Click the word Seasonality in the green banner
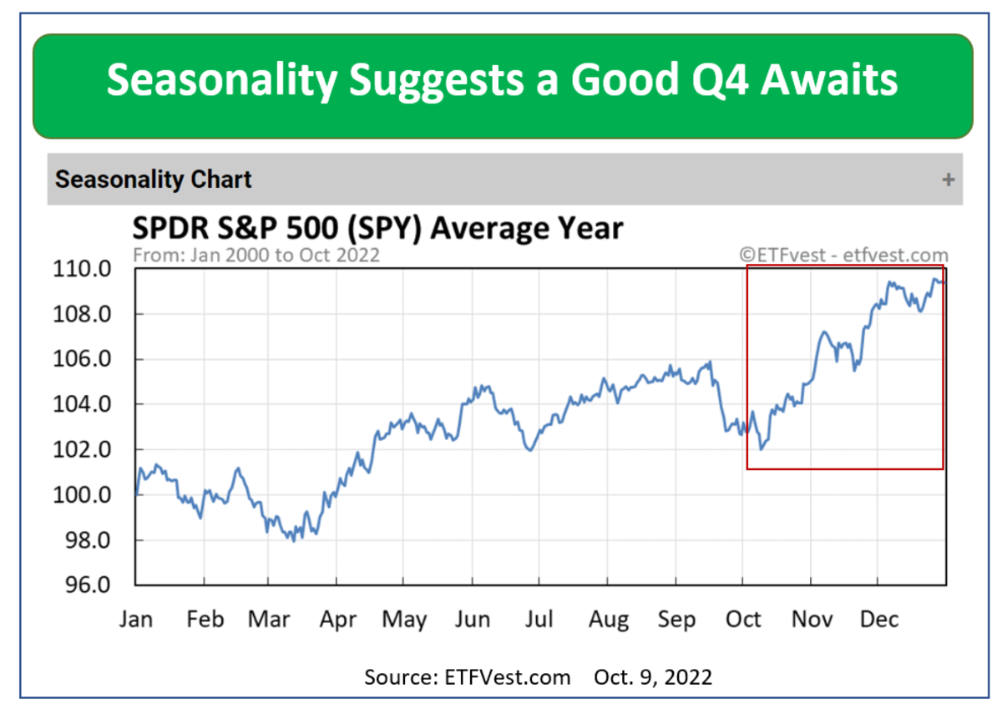(221, 81)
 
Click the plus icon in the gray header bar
(948, 180)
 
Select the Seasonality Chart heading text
(154, 180)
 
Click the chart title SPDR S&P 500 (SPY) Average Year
(378, 228)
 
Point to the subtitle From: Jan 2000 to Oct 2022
(256, 255)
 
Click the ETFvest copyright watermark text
(843, 255)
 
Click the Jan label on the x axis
(137, 620)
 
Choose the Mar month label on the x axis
(269, 620)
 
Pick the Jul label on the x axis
(539, 620)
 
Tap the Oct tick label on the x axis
(743, 620)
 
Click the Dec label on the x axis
(878, 620)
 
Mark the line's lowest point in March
(293, 540)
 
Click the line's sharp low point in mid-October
(761, 448)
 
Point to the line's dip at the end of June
(529, 450)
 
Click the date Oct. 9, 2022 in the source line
(653, 676)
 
